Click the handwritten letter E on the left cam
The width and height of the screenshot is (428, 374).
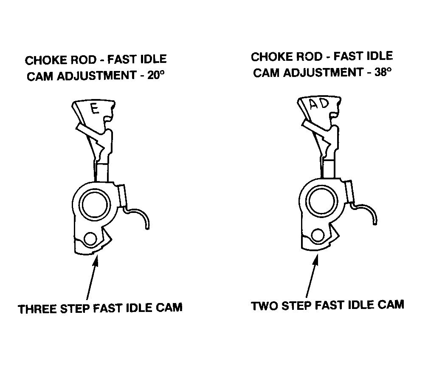95,109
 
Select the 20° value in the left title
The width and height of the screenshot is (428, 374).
156,75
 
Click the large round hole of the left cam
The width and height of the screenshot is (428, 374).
94,205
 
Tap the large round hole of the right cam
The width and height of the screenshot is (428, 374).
321,202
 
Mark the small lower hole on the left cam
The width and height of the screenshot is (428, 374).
90,239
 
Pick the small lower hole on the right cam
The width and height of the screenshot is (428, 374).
317,235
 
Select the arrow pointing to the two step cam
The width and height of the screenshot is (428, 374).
312,275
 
